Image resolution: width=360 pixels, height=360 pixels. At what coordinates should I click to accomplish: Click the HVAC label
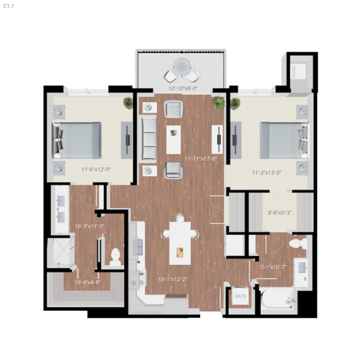pyautogui.click(x=293, y=72)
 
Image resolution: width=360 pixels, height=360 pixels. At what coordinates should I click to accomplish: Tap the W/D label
pyautogui.click(x=240, y=296)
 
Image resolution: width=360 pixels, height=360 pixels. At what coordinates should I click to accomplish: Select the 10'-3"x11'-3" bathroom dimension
pyautogui.click(x=89, y=226)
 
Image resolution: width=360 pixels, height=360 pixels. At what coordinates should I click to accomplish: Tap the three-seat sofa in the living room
pyautogui.click(x=149, y=138)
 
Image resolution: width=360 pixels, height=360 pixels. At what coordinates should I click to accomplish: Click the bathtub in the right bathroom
pyautogui.click(x=277, y=299)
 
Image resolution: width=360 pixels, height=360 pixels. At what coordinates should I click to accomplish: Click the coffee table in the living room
pyautogui.click(x=173, y=138)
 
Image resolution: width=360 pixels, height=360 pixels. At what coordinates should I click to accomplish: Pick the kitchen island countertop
pyautogui.click(x=180, y=243)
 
